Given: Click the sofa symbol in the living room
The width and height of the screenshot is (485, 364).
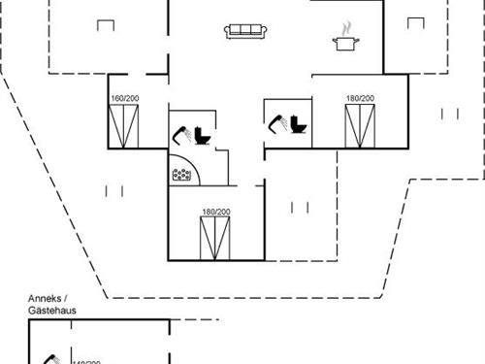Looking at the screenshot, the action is click(x=245, y=32).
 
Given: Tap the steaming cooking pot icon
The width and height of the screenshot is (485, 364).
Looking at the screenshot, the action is click(x=344, y=39).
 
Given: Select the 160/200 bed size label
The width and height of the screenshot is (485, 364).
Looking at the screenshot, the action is click(x=124, y=99).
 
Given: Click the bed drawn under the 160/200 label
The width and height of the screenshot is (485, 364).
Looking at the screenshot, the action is click(x=124, y=124).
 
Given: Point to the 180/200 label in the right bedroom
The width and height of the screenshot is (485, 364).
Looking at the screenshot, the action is click(x=360, y=98).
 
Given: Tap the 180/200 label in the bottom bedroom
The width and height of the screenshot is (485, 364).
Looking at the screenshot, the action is click(x=215, y=212).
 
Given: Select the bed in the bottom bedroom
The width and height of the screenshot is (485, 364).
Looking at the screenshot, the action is click(x=215, y=238).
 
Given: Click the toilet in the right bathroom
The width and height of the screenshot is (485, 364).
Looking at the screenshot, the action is click(x=298, y=125).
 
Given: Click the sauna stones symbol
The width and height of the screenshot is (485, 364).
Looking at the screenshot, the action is click(x=181, y=175).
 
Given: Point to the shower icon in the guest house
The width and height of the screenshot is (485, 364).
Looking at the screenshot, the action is click(x=50, y=359).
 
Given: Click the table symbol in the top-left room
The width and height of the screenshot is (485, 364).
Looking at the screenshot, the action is click(x=104, y=22).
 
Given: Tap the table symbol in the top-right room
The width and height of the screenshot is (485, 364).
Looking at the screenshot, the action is click(x=415, y=22).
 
